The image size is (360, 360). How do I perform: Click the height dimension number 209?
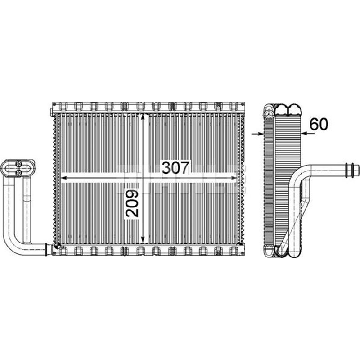[132, 203]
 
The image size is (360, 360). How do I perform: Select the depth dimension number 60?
[319, 125]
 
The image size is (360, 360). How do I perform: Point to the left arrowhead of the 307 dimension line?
[63, 178]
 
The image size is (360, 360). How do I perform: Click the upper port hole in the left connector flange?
[19, 164]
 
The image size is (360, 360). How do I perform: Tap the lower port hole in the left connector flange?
[19, 172]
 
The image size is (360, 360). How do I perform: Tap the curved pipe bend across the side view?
[297, 180]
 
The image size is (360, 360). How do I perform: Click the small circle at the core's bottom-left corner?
[58, 246]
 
